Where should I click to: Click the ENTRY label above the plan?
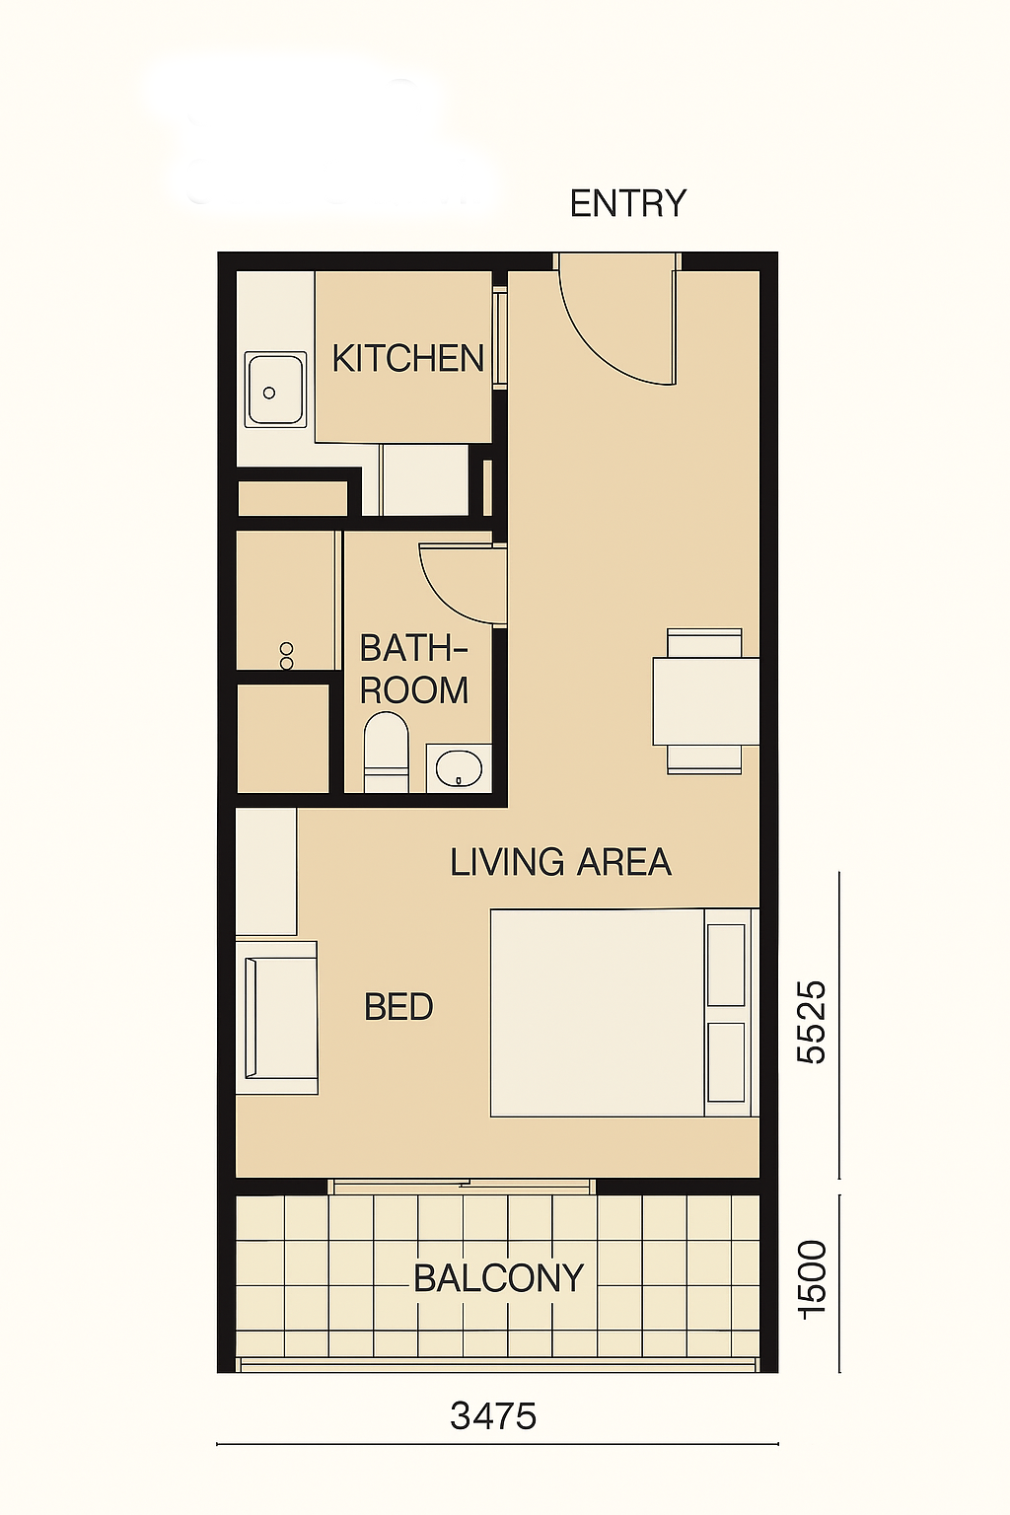pos(627,203)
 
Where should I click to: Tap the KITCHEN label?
pos(408,358)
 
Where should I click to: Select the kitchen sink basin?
pos(275,390)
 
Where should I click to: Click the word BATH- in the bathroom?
pos(413,649)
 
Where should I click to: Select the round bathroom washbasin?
pos(459,767)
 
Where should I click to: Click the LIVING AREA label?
pos(561,862)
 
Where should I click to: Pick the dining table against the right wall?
pos(705,701)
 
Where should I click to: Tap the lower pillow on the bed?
pos(726,1062)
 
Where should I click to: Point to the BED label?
pos(398,1007)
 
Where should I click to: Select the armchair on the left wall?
pos(277,1017)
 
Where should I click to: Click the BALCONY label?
pos(498,1278)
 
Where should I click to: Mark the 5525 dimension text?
pos(812,1022)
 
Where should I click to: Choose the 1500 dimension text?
pos(812,1279)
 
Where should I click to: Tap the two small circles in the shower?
pos(287,655)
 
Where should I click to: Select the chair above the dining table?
pos(704,642)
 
